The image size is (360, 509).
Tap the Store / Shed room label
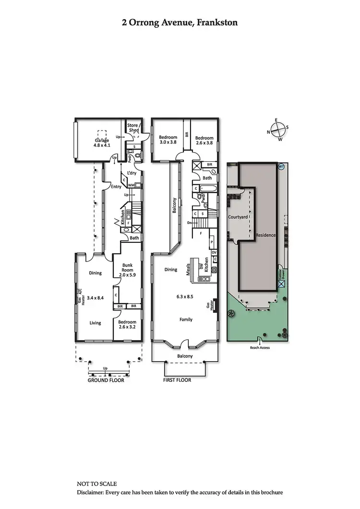click(132, 128)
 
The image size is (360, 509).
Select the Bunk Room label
click(127, 267)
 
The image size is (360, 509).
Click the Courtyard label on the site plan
click(238, 217)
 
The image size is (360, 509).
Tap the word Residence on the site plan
click(265, 236)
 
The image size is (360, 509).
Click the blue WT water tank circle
click(281, 166)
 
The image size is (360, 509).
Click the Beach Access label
click(260, 347)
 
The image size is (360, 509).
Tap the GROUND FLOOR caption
click(106, 380)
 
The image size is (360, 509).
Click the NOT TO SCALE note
click(96, 484)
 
